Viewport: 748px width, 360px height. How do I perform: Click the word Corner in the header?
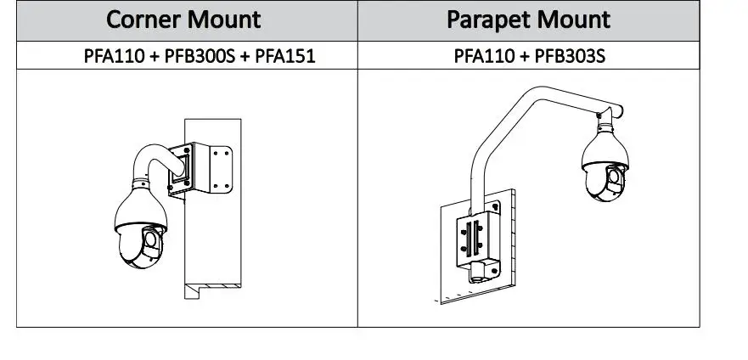tap(143, 20)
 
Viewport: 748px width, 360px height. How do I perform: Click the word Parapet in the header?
tap(486, 20)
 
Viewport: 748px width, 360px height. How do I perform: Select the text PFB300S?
tap(200, 56)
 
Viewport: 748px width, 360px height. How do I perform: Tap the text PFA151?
tap(285, 56)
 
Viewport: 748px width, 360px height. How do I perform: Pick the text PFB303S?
tap(570, 56)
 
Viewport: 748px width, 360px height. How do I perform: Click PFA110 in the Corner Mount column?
tap(114, 56)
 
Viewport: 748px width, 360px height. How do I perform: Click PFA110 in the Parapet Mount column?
tap(484, 56)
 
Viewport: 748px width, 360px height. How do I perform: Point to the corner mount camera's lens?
tap(151, 240)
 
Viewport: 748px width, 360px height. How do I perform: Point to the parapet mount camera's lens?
tap(615, 177)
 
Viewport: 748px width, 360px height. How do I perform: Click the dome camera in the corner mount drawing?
tap(141, 224)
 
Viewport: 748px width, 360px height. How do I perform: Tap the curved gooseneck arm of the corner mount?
tap(154, 158)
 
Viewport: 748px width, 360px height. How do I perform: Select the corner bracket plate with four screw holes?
tap(221, 169)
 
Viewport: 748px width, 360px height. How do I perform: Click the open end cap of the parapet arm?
tap(619, 111)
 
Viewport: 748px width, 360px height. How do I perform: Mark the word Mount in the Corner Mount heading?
tap(224, 20)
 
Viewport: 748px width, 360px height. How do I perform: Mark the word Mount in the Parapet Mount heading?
tap(571, 20)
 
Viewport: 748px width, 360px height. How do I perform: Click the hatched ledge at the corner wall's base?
tap(213, 286)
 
